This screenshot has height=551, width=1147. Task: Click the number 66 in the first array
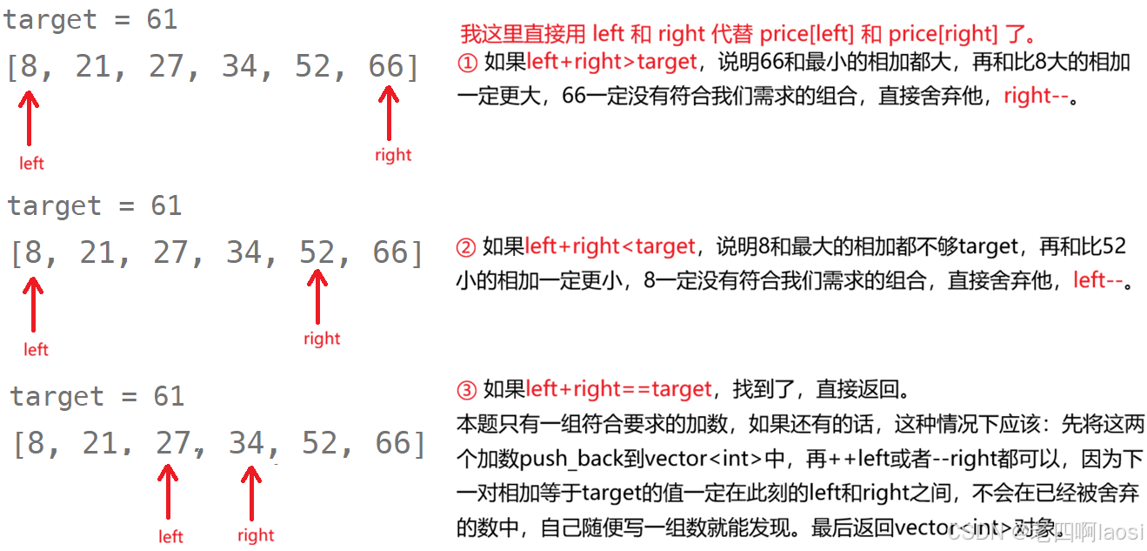pyautogui.click(x=387, y=66)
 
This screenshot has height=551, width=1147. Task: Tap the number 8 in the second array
pyautogui.click(x=33, y=252)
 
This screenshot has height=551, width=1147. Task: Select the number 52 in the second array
pyautogui.click(x=317, y=252)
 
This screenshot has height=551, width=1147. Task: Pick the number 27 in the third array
pyautogui.click(x=173, y=443)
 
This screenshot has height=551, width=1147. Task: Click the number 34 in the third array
pyautogui.click(x=247, y=443)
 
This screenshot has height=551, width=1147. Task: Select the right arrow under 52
pyautogui.click(x=317, y=296)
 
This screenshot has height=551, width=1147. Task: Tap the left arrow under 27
pyautogui.click(x=167, y=492)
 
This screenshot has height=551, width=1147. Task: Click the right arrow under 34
pyautogui.click(x=251, y=492)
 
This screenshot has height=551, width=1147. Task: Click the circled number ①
pyautogui.click(x=467, y=64)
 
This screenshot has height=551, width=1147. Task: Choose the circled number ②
pyautogui.click(x=466, y=248)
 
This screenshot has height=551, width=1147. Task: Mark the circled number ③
pyautogui.click(x=467, y=391)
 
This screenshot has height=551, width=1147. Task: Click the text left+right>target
pyautogui.click(x=611, y=62)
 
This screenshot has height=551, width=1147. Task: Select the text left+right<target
pyautogui.click(x=610, y=246)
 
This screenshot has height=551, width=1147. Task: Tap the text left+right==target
pyautogui.click(x=618, y=389)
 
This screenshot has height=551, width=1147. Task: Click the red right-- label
pyautogui.click(x=1036, y=96)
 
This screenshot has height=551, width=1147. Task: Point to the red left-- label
pyautogui.click(x=1098, y=280)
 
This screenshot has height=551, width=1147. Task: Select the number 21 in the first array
pyautogui.click(x=93, y=66)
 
